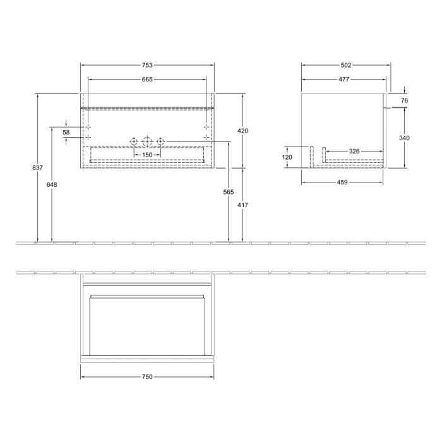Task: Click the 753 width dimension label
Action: click(x=147, y=65)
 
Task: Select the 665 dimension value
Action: click(x=147, y=80)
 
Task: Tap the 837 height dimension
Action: click(x=38, y=168)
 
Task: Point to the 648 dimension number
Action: click(x=52, y=184)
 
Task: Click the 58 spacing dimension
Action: click(x=66, y=132)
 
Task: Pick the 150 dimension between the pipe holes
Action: click(x=146, y=155)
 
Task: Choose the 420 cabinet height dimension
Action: click(x=243, y=131)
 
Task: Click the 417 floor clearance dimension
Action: click(x=243, y=205)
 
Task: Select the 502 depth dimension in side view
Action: click(x=345, y=65)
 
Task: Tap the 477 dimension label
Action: click(x=344, y=80)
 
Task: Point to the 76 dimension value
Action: click(x=404, y=100)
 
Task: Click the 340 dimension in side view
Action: click(x=404, y=138)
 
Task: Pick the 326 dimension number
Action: click(x=354, y=152)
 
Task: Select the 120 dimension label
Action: click(x=287, y=157)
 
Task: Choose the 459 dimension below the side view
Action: click(x=342, y=182)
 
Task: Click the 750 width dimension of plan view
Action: click(x=147, y=377)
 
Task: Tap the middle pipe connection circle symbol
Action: click(x=146, y=141)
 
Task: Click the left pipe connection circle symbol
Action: click(x=133, y=141)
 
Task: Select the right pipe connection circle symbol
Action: click(x=160, y=141)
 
